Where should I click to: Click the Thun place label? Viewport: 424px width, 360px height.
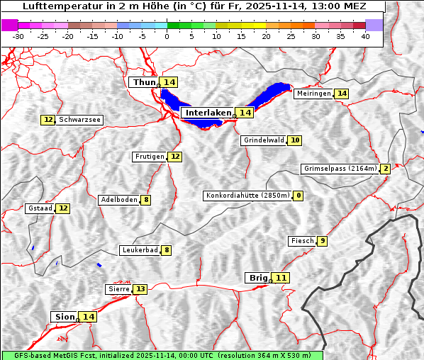pos(144,83)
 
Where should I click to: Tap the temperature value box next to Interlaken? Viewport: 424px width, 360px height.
pos(245,113)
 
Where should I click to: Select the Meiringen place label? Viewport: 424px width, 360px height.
pos(313,94)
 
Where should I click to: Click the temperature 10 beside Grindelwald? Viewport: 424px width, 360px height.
pos(294,140)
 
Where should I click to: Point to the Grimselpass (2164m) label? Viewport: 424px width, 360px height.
pos(340,169)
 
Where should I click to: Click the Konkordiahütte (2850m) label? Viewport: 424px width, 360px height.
pos(247,196)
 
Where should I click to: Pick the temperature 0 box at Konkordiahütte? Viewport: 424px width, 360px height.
pos(299,196)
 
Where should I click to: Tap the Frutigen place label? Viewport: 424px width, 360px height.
pos(150,157)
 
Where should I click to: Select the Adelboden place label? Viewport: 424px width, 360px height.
pos(118,200)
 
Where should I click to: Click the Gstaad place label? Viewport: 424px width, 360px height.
pos(40,208)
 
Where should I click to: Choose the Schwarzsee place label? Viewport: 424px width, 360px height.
pos(79,120)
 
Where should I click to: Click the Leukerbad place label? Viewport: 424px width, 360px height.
pos(139,250)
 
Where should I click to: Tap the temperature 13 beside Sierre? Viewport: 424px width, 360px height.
pos(140,289)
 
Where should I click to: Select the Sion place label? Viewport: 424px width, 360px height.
pos(64,317)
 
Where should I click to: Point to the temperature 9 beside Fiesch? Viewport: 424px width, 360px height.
pos(322,241)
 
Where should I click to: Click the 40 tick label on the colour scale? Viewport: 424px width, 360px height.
pos(365,36)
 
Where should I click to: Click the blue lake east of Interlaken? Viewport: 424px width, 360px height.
pos(272,94)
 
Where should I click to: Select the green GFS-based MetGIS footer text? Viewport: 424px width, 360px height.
pos(161,355)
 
